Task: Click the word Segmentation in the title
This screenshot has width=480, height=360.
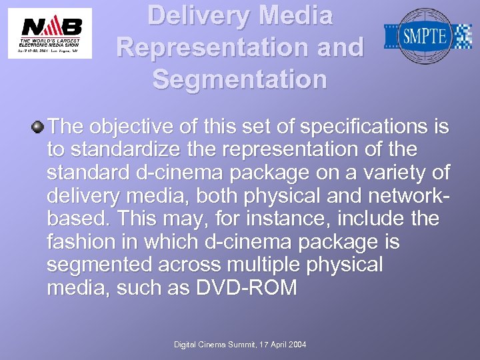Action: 240,79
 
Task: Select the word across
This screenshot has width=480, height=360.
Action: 191,265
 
